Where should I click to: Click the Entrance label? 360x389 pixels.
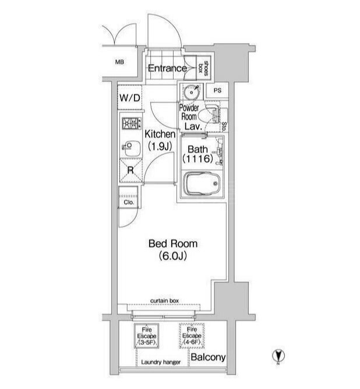[x=167, y=68]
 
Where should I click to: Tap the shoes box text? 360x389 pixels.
[x=203, y=68]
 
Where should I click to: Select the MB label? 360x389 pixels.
[x=119, y=62]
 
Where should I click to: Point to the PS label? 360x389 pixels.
[x=217, y=90]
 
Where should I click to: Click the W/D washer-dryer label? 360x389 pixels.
[x=130, y=98]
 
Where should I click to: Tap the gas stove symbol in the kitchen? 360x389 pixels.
[x=131, y=123]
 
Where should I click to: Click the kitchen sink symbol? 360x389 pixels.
[x=131, y=148]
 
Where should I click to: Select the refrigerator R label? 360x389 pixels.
[x=130, y=170]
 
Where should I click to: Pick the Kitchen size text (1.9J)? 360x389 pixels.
[x=160, y=147]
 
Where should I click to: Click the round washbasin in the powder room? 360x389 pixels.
[x=192, y=92]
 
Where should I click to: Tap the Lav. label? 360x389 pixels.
[x=193, y=126]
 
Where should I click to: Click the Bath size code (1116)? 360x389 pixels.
[x=197, y=158]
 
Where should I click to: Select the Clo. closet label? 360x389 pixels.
[x=129, y=203]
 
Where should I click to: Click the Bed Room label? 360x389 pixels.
[x=173, y=244]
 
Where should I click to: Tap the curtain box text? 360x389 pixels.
[x=164, y=300]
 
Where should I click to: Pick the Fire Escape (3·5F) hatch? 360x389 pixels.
[x=147, y=336]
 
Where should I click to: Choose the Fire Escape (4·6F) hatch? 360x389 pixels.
[x=192, y=336]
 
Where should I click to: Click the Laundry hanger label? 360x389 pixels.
[x=161, y=362]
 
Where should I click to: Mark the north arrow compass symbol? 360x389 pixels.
[x=278, y=356]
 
